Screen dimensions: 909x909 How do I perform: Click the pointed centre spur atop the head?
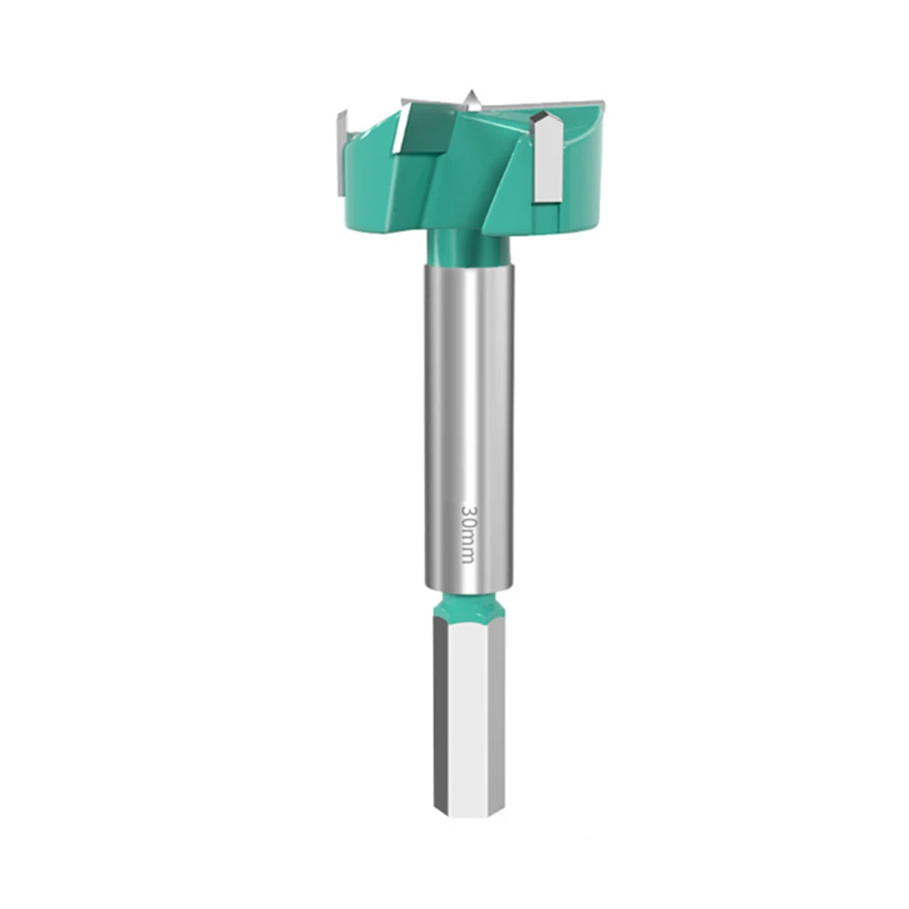click(470, 98)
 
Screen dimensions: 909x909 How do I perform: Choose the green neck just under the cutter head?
click(468, 248)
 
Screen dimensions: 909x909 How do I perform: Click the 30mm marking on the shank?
click(468, 534)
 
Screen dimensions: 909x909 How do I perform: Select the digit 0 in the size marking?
click(468, 524)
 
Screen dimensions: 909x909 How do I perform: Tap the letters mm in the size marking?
click(468, 548)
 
